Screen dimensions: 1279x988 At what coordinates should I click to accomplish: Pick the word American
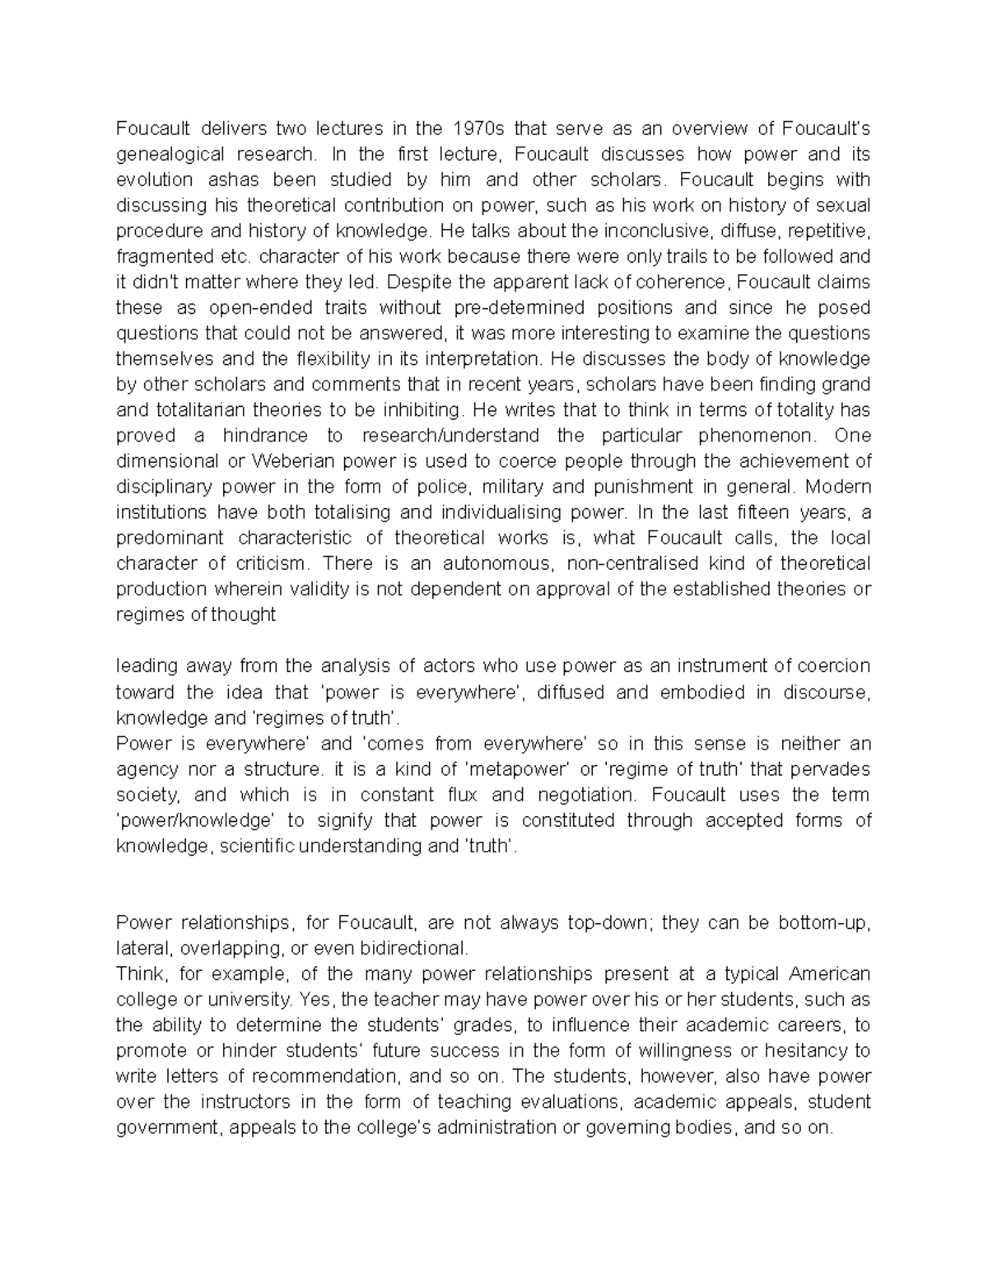click(x=829, y=974)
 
